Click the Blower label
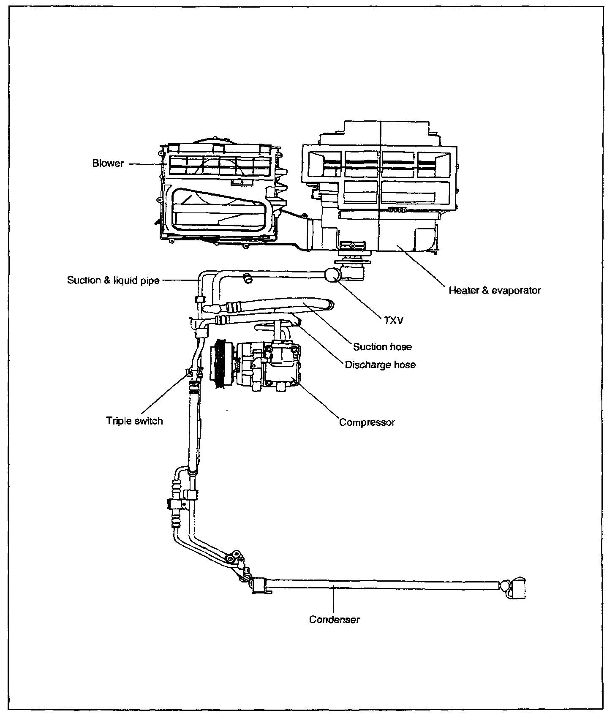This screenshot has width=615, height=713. click(x=108, y=163)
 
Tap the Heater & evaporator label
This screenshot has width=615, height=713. click(x=495, y=291)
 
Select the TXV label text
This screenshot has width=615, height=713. click(x=394, y=321)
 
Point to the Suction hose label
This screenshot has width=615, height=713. click(x=382, y=347)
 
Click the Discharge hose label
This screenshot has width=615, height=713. click(x=380, y=365)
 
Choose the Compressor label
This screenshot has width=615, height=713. click(x=367, y=422)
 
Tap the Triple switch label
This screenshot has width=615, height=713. click(x=134, y=421)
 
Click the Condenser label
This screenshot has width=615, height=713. click(x=334, y=620)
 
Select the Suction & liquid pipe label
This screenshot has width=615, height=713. click(x=113, y=280)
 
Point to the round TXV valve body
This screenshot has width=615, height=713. click(x=332, y=275)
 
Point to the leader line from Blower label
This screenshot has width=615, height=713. click(x=144, y=163)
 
